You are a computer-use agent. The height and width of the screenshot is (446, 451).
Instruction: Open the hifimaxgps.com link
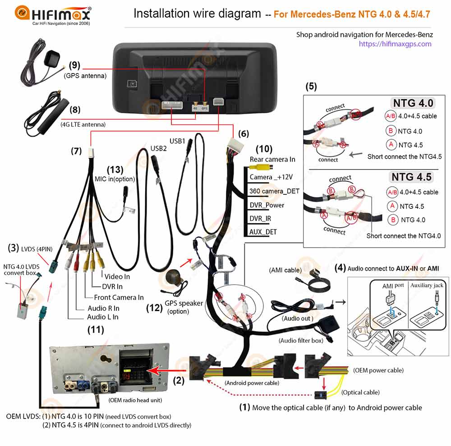point(395,44)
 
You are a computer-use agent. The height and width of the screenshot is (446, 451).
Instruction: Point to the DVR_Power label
point(267,205)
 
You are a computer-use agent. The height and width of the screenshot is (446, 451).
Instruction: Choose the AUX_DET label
point(263,232)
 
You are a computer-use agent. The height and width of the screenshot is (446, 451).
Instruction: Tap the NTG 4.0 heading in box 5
point(413,103)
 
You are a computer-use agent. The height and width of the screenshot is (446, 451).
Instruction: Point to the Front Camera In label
point(119,297)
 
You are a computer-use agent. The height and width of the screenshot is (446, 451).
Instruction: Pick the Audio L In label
point(103,317)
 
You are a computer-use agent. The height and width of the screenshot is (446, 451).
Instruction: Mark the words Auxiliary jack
point(426,285)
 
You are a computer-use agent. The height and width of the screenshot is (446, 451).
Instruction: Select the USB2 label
point(159,148)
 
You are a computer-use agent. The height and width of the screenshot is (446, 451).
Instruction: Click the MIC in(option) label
point(115,179)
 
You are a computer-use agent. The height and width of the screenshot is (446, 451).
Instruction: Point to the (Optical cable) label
point(360,392)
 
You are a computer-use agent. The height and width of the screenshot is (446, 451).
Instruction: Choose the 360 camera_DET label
point(274,191)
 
